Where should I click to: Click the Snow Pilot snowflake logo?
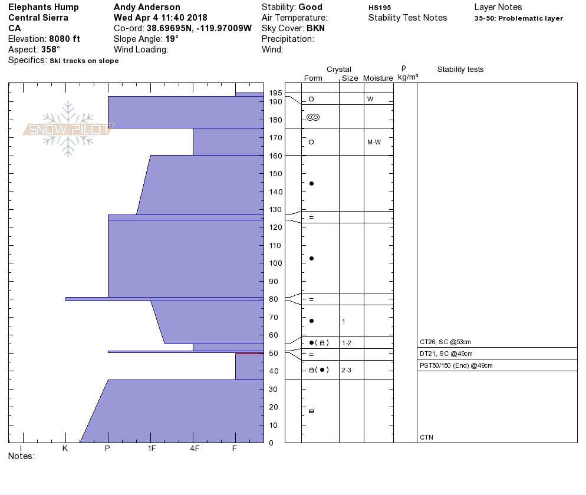(x=68, y=129)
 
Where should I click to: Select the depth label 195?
(x=275, y=93)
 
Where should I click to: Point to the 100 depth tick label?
(x=275, y=263)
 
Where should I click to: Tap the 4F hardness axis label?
(x=195, y=448)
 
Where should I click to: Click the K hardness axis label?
(x=65, y=448)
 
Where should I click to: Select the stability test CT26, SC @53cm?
(x=445, y=342)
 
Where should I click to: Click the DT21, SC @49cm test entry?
(x=446, y=354)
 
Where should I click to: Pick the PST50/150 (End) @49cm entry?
(x=456, y=365)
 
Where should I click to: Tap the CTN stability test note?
(x=426, y=437)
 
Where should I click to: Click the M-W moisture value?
(x=374, y=142)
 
